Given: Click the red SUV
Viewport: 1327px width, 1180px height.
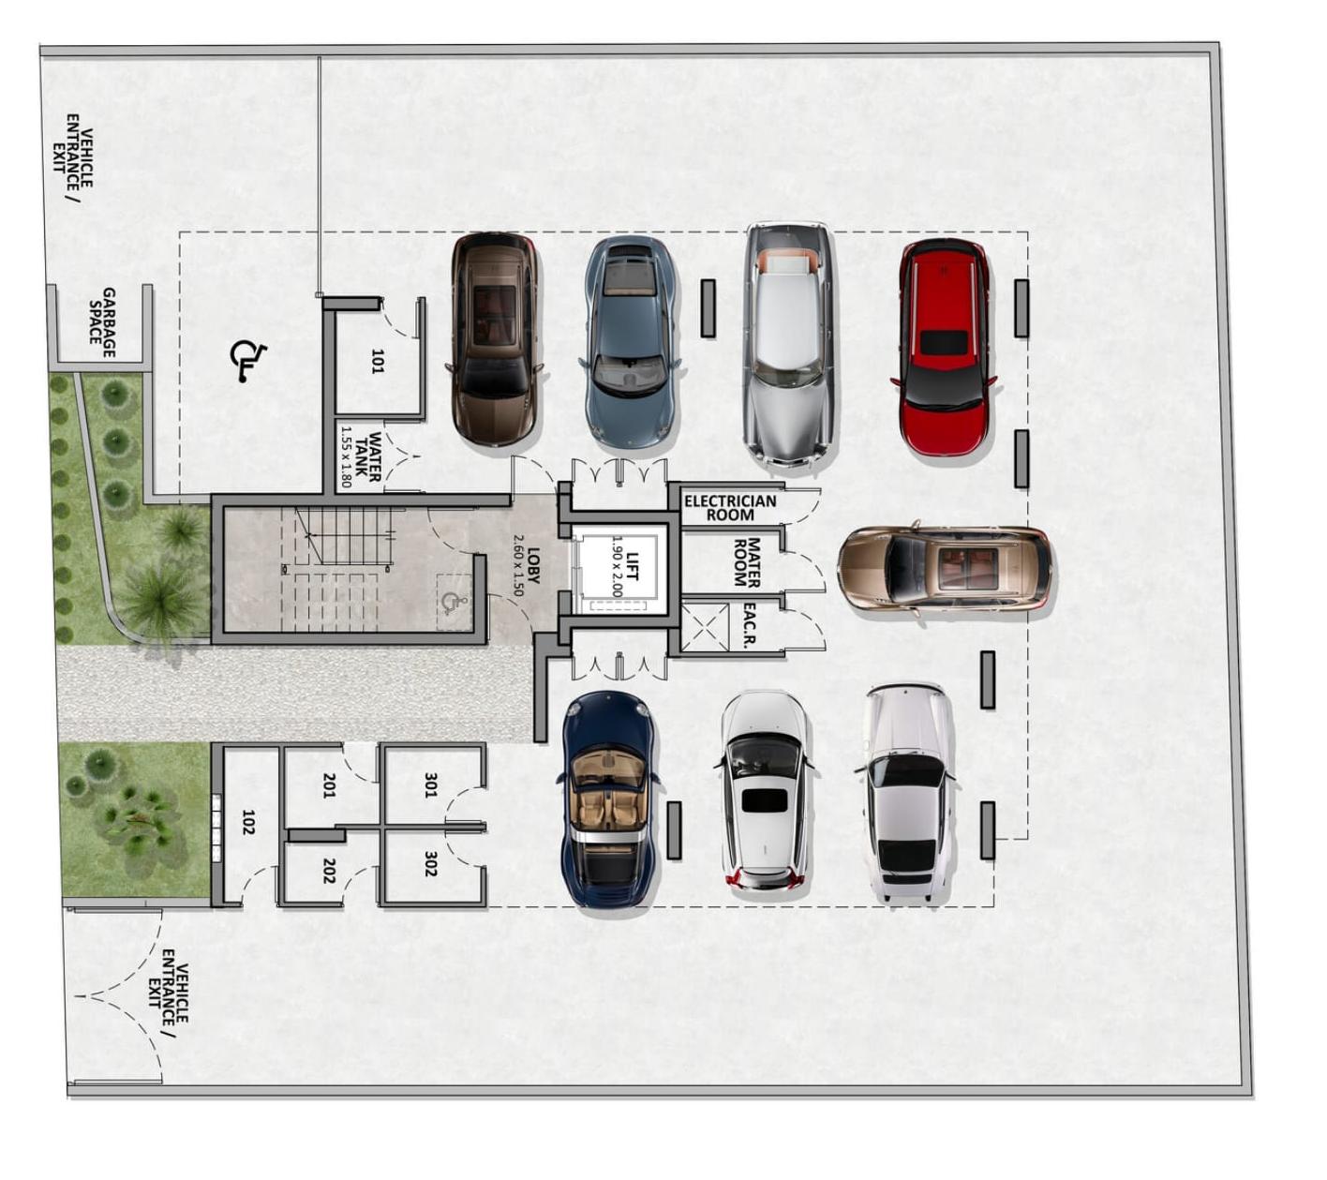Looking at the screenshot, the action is (944, 346).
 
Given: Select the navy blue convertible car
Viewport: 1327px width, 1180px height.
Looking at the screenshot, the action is (608, 798).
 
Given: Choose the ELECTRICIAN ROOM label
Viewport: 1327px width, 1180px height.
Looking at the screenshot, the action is (730, 508).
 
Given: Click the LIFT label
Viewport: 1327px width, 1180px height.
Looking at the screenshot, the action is (633, 566).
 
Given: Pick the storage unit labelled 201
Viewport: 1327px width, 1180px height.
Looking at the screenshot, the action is (330, 784).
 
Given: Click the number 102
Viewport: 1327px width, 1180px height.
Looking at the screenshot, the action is (248, 822).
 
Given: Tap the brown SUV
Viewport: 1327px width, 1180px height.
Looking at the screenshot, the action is (495, 339).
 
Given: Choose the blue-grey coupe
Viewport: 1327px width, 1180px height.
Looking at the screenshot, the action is (630, 343).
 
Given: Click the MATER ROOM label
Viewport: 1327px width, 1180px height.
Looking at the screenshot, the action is (746, 562).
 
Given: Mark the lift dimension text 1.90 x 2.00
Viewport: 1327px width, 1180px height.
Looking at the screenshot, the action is (617, 566).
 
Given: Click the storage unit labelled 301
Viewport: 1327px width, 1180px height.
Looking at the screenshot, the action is (430, 784).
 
